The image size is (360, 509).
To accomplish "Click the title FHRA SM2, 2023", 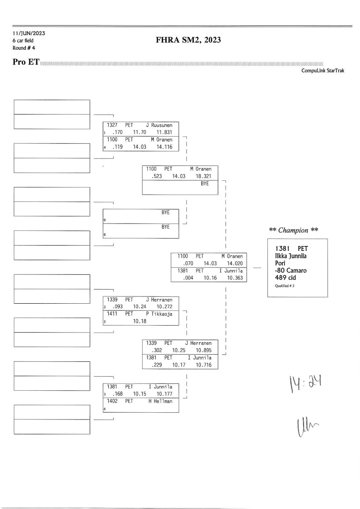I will tap(189, 41).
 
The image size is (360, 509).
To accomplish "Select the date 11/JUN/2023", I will tap(29, 34).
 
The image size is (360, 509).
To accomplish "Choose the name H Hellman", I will tap(160, 401).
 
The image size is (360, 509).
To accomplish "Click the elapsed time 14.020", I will tap(235, 263).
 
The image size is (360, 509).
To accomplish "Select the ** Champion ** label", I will tap(294, 230).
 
